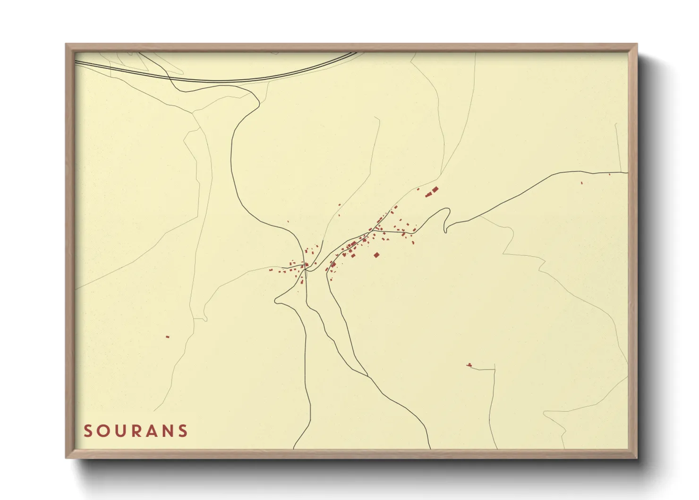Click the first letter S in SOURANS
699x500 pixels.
88,431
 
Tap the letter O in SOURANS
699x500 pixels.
103,431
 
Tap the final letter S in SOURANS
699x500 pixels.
183,431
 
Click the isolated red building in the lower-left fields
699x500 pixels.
167,337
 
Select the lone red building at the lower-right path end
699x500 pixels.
469,365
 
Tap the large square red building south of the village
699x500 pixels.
376,255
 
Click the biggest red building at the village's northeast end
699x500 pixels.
435,190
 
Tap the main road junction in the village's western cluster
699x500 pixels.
306,269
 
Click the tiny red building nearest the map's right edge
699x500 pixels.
609,174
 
